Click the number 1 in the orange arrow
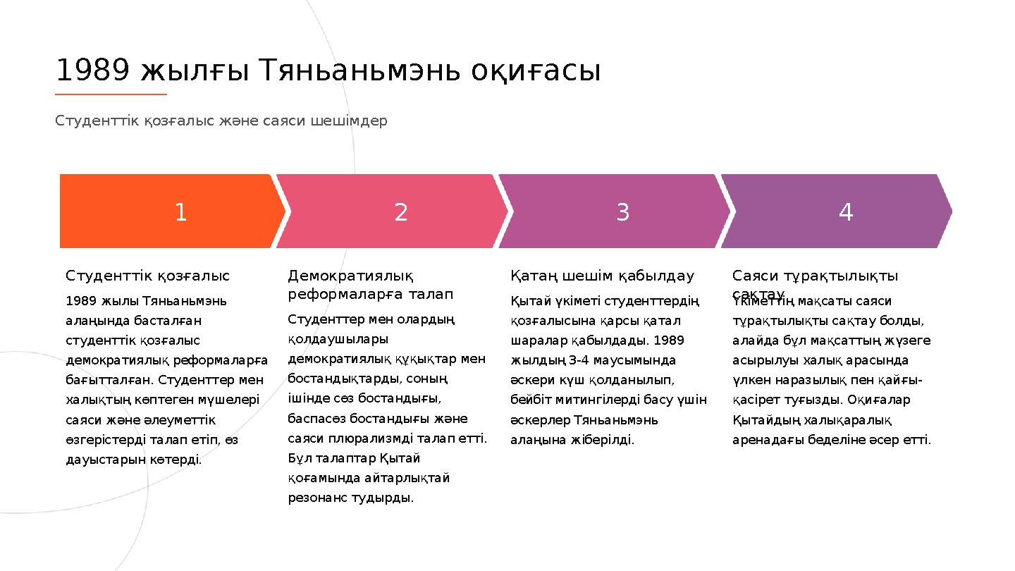(x=180, y=212)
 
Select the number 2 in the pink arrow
(x=401, y=212)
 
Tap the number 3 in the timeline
(x=623, y=212)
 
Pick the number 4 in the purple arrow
(x=846, y=212)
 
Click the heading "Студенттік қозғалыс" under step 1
(x=148, y=276)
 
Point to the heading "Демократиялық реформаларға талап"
(x=370, y=284)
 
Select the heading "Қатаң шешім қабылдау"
(x=602, y=276)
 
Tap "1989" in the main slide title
(x=92, y=70)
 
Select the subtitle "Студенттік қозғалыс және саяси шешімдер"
(x=221, y=121)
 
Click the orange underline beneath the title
(x=111, y=94)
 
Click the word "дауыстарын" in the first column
(x=100, y=460)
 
